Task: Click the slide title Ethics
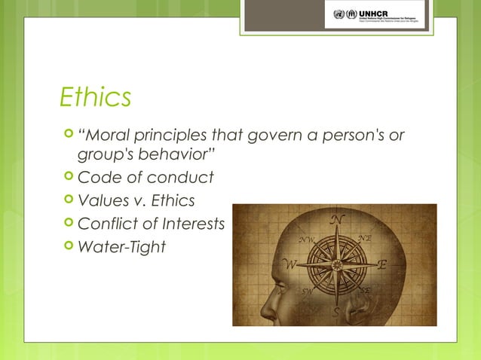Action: tap(96, 96)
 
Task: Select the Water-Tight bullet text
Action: tap(121, 246)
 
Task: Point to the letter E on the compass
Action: tap(382, 265)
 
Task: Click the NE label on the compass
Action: tap(365, 238)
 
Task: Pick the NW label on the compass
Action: tap(306, 240)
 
